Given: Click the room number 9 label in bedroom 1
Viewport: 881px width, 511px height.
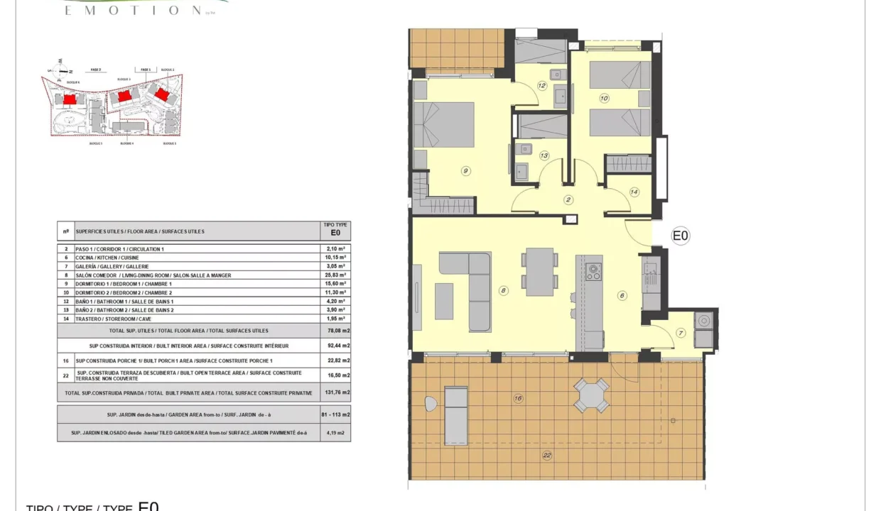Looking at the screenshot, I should (465, 170).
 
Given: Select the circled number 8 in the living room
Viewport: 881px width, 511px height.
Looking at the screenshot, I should (503, 290).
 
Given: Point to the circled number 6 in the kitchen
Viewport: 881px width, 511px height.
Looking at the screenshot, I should (622, 296).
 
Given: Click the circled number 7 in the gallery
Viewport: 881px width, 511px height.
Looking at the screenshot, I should (680, 333).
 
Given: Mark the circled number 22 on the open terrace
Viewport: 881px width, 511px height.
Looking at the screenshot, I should (546, 456).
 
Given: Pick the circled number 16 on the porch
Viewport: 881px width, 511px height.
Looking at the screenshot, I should (518, 400).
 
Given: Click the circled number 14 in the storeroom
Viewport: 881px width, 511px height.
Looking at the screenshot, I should (634, 192).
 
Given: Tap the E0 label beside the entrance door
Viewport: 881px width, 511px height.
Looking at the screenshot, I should (681, 236).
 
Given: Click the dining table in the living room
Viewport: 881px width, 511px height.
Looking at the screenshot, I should (541, 272).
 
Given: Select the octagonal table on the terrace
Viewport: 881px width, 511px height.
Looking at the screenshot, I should (592, 395).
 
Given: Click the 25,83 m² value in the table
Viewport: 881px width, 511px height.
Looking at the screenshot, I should (335, 275).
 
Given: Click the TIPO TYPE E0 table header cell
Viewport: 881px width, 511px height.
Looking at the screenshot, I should (335, 228).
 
